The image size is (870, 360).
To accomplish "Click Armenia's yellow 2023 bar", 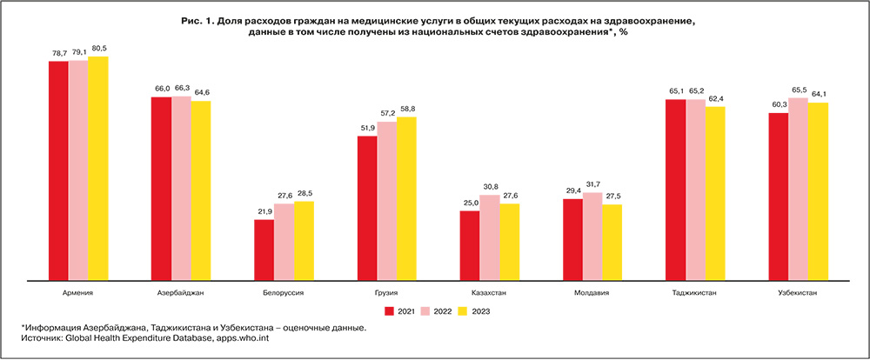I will click(x=98, y=169).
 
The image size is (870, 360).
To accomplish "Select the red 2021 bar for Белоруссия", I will click(x=264, y=250).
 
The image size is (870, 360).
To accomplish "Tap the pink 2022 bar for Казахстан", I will click(x=490, y=237).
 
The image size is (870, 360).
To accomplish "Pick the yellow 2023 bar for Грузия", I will click(x=406, y=198).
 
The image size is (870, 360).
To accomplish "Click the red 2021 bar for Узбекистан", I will click(x=779, y=197).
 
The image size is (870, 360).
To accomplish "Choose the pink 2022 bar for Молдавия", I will click(x=592, y=237).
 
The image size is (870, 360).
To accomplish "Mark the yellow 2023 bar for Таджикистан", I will click(x=716, y=193).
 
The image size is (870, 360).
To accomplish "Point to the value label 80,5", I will click(x=98, y=50).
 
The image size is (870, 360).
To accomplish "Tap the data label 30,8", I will click(x=490, y=188).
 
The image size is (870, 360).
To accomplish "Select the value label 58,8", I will click(x=406, y=110).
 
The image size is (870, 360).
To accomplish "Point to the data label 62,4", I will click(x=716, y=99).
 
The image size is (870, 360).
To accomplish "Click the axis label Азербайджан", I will click(x=181, y=293).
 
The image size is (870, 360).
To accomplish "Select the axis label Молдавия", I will click(x=592, y=293).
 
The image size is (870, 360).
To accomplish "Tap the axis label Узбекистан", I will click(x=799, y=293).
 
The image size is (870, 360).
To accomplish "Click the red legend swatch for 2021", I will click(x=391, y=310).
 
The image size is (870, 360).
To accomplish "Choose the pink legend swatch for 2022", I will click(x=426, y=310).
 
